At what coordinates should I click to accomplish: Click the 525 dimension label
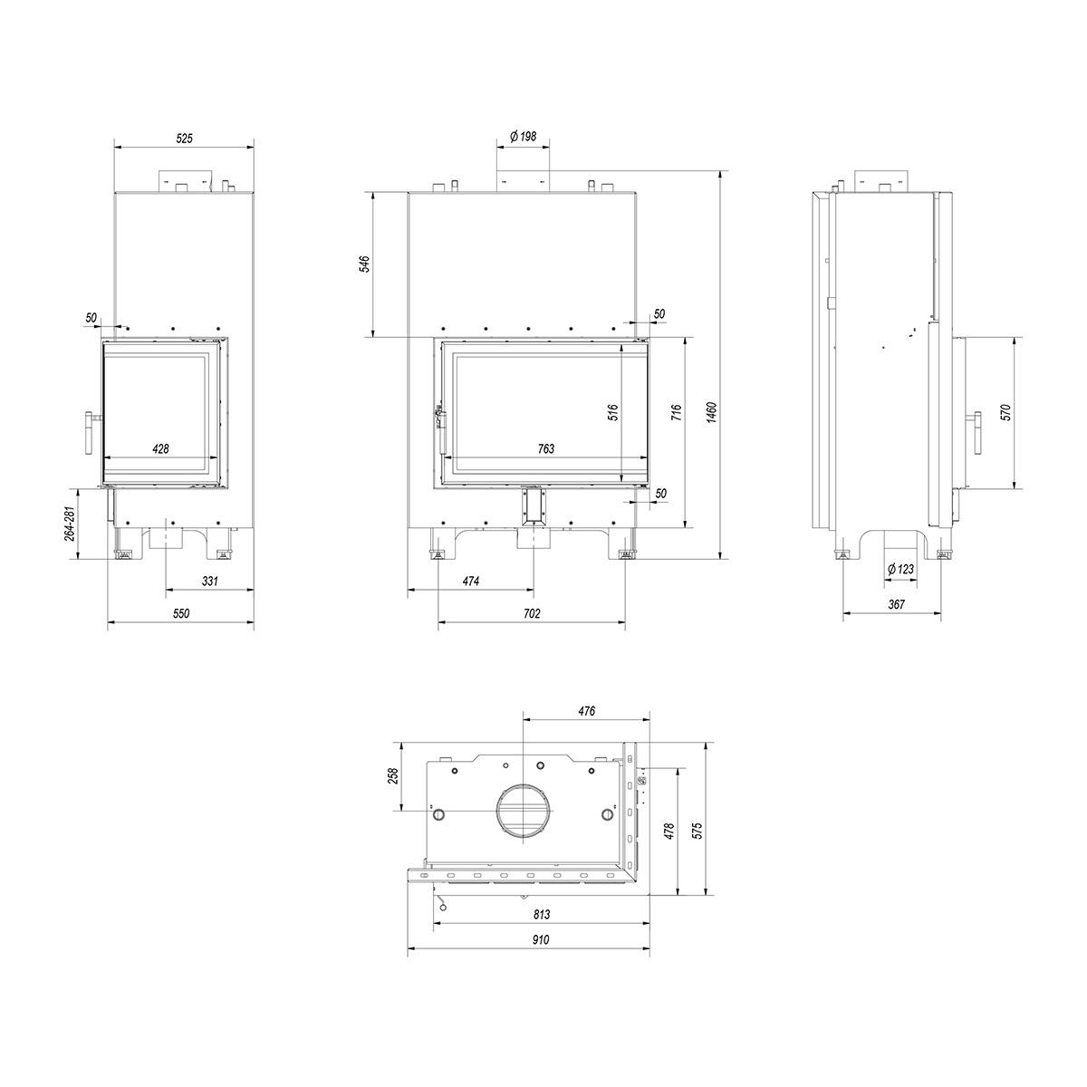click(x=185, y=139)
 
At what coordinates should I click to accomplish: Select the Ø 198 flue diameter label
click(x=523, y=136)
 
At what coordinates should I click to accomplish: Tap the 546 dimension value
click(x=366, y=264)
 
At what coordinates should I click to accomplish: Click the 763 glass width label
click(x=546, y=448)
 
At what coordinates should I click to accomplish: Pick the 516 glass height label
click(x=614, y=412)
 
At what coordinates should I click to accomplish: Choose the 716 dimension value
click(x=678, y=412)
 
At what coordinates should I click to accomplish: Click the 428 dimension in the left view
click(x=160, y=449)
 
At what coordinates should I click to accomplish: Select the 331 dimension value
click(x=210, y=581)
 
